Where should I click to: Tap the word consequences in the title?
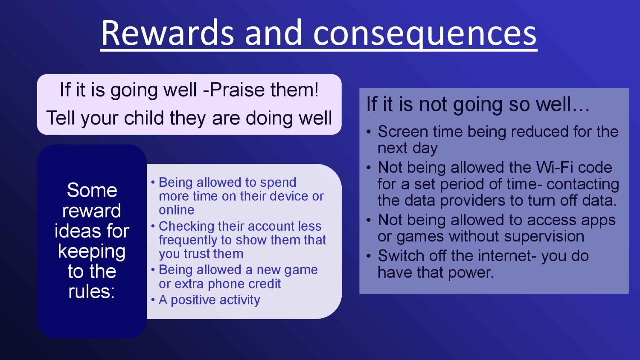[425, 35]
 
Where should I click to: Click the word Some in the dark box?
[92, 190]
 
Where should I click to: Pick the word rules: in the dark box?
[92, 291]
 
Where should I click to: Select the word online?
[177, 210]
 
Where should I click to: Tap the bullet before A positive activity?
[153, 300]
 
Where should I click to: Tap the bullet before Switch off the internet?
[369, 256]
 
